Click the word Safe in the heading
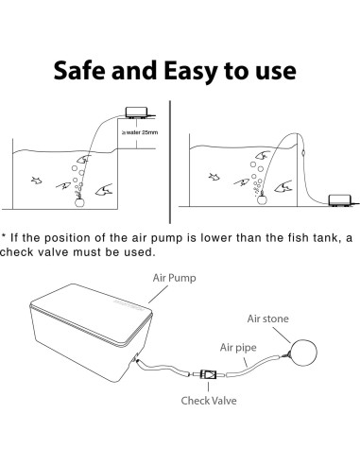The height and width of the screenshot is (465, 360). point(79,70)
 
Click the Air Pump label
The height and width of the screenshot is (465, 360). point(174,278)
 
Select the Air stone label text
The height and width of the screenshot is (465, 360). point(267,319)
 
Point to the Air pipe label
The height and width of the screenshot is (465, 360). point(238,348)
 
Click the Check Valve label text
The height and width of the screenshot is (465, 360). point(209,401)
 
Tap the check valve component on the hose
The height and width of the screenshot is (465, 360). point(208,375)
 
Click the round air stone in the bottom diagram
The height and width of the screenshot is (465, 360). point(303,353)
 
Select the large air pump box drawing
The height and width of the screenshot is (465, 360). point(92,333)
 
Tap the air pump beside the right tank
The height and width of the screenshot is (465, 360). point(339,200)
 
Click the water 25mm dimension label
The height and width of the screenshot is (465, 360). point(140,132)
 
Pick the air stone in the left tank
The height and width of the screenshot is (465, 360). point(79,202)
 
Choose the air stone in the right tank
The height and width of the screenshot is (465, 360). point(262,199)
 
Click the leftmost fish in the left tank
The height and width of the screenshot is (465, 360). point(37,181)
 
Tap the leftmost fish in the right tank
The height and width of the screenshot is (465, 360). point(214,177)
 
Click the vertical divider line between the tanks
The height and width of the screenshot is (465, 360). point(170,163)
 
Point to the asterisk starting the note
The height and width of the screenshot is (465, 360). point(4,235)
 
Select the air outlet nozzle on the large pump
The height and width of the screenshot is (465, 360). point(137,360)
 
